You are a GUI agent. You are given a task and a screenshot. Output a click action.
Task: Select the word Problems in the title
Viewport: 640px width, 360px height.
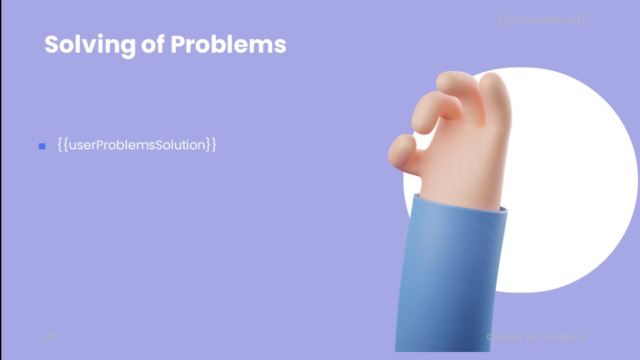click(228, 45)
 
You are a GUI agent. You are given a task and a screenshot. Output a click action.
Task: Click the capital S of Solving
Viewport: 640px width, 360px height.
click(51, 45)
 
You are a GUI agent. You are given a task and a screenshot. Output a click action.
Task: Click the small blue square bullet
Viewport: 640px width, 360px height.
click(42, 146)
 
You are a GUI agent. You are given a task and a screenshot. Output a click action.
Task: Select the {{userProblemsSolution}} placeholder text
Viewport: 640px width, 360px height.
click(137, 144)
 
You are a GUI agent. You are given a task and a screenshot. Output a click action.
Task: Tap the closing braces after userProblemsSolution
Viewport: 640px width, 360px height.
click(211, 144)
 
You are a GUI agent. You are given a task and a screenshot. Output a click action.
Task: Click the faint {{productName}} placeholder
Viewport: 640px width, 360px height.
click(541, 20)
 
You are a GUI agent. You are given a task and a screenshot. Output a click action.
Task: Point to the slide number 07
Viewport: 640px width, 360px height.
click(51, 337)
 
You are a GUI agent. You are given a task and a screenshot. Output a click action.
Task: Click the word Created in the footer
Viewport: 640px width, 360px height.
click(501, 337)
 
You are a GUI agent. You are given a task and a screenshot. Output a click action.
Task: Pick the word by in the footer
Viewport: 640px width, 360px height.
click(529, 337)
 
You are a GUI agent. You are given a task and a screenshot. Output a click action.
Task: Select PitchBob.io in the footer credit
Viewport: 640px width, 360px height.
click(563, 337)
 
